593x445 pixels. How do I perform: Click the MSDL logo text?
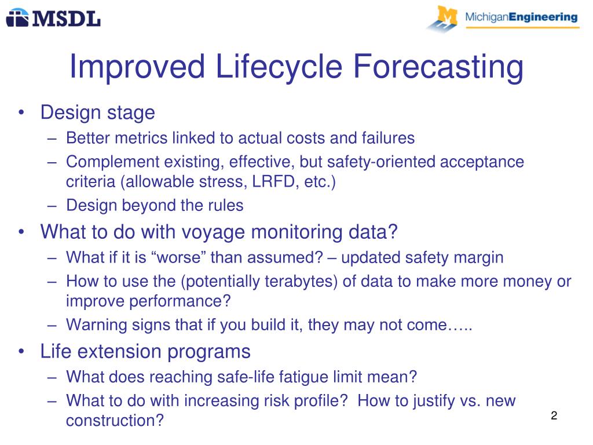point(67,19)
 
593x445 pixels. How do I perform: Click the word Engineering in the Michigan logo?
point(543,17)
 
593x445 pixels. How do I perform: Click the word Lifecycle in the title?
point(279,67)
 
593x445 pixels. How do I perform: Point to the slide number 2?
point(554,415)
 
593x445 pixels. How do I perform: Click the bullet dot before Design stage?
point(21,112)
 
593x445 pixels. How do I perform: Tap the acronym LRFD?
point(273,181)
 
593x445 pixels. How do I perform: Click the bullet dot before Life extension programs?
point(21,351)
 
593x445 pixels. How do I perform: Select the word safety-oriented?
point(381,162)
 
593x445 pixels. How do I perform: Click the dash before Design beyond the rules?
point(52,206)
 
